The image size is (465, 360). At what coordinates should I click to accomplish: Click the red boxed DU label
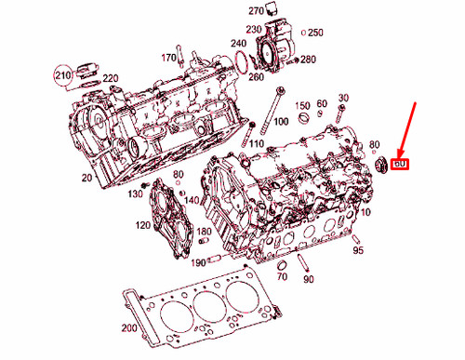[401, 165]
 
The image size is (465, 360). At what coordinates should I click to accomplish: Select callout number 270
[257, 10]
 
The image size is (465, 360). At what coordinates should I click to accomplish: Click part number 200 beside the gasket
[128, 327]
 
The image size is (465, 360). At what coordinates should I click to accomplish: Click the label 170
[168, 59]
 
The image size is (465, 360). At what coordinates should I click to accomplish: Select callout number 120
[142, 226]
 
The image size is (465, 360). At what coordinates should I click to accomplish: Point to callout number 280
[308, 60]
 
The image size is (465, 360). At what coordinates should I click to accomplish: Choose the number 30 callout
[343, 98]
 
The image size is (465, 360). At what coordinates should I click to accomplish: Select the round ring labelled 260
[243, 62]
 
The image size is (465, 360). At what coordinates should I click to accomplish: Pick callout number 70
[280, 277]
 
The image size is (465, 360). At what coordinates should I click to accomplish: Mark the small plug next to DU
[380, 167]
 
